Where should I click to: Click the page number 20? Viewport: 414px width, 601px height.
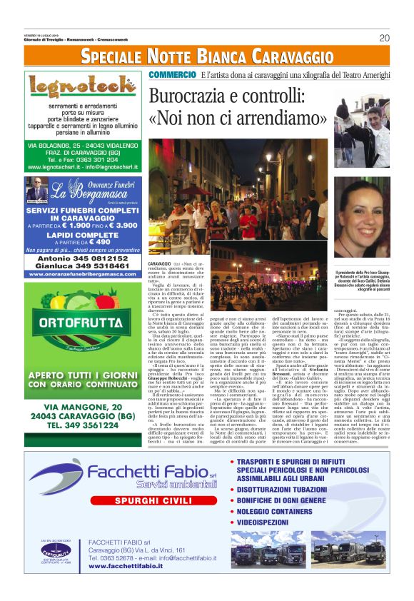(384, 38)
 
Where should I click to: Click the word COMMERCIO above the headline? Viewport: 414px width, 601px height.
(172, 74)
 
